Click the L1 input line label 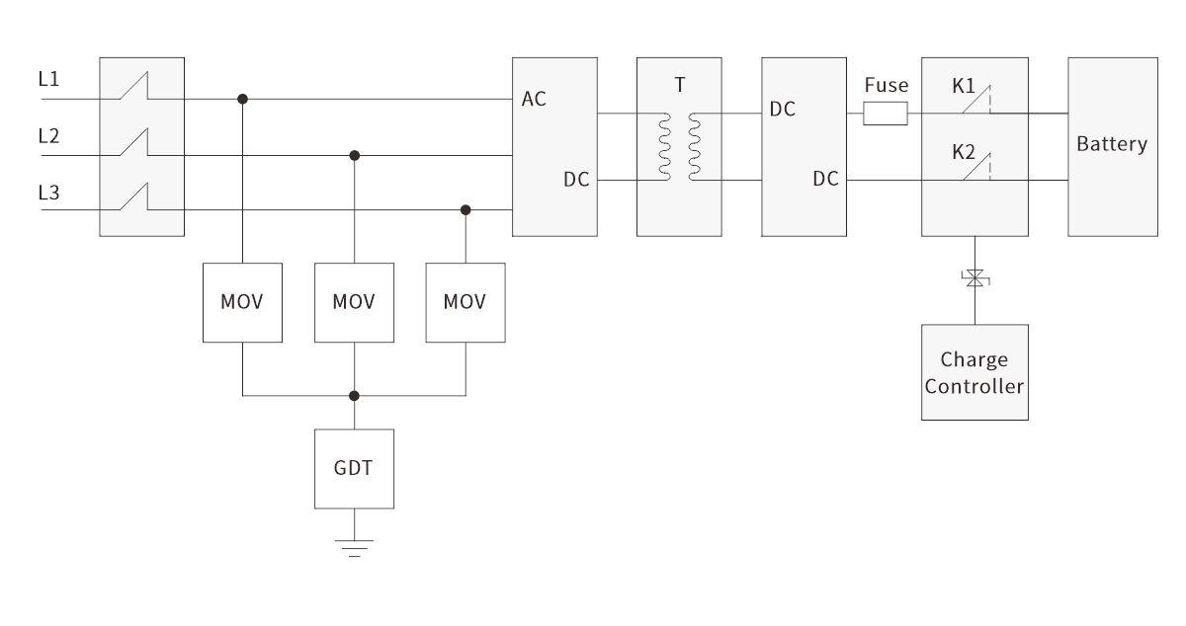[x=48, y=78]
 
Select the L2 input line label [x=48, y=135]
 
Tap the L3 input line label [x=48, y=193]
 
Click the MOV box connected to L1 [x=242, y=302]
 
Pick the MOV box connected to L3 [x=465, y=302]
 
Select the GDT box [x=354, y=468]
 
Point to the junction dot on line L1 [x=243, y=99]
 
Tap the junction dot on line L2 [x=355, y=155]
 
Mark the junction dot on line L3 [x=466, y=210]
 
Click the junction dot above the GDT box [x=355, y=395]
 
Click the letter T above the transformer [x=679, y=86]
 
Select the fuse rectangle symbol [x=886, y=116]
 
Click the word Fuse [x=886, y=86]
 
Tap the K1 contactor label [x=965, y=86]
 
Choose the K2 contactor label [x=965, y=153]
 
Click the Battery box [x=1112, y=145]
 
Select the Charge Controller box [x=974, y=372]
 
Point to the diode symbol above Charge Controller [x=975, y=279]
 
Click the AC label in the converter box [x=535, y=100]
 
